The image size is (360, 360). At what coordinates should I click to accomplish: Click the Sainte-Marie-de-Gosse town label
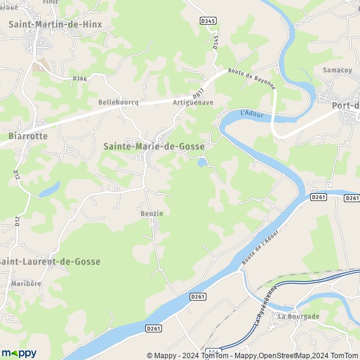pyautogui.click(x=154, y=146)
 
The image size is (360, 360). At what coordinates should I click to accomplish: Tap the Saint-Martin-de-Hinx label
pyautogui.click(x=55, y=25)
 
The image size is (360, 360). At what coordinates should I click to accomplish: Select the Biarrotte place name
pyautogui.click(x=28, y=136)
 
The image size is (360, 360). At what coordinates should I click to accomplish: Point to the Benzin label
pyautogui.click(x=151, y=213)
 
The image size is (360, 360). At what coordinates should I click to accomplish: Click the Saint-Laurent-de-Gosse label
pyautogui.click(x=50, y=262)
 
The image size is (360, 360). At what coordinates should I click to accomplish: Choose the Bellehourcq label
pyautogui.click(x=118, y=103)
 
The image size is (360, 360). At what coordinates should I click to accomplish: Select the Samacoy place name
pyautogui.click(x=337, y=70)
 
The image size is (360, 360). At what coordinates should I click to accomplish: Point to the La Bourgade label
pyautogui.click(x=298, y=316)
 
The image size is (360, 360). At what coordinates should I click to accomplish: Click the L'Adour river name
pyautogui.click(x=251, y=113)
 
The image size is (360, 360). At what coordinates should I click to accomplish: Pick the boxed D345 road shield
pyautogui.click(x=208, y=20)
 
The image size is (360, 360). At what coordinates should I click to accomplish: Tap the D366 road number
pyautogui.click(x=79, y=79)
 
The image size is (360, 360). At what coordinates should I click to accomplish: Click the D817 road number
pyautogui.click(x=199, y=95)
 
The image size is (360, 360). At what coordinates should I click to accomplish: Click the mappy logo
pyautogui.click(x=19, y=353)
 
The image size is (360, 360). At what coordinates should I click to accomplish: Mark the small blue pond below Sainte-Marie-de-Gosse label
pyautogui.click(x=203, y=161)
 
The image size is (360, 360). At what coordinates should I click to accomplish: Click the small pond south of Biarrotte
pyautogui.click(x=50, y=189)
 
